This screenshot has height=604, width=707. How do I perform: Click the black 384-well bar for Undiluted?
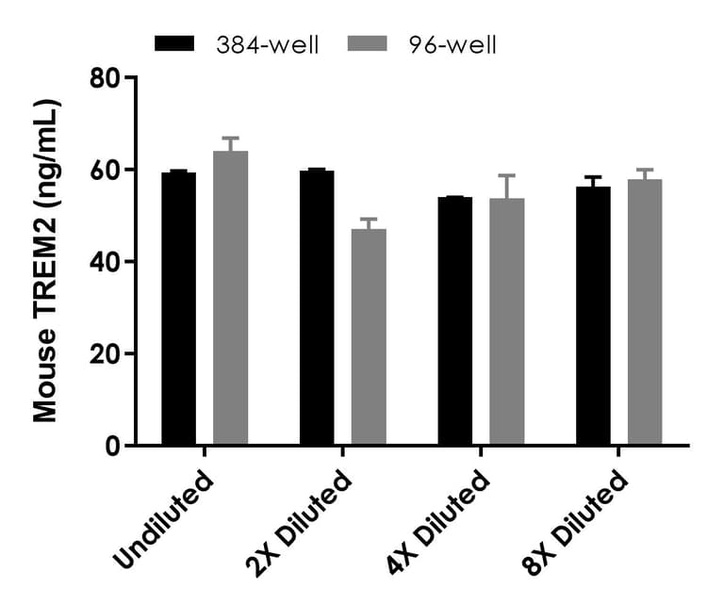coord(178,309)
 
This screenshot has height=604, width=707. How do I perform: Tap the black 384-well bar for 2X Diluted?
coord(317,308)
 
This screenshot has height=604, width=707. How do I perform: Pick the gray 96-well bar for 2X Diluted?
coord(369,337)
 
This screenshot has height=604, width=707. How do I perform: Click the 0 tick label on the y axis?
coord(112,446)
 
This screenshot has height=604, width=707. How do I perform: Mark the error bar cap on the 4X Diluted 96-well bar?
coord(507,175)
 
